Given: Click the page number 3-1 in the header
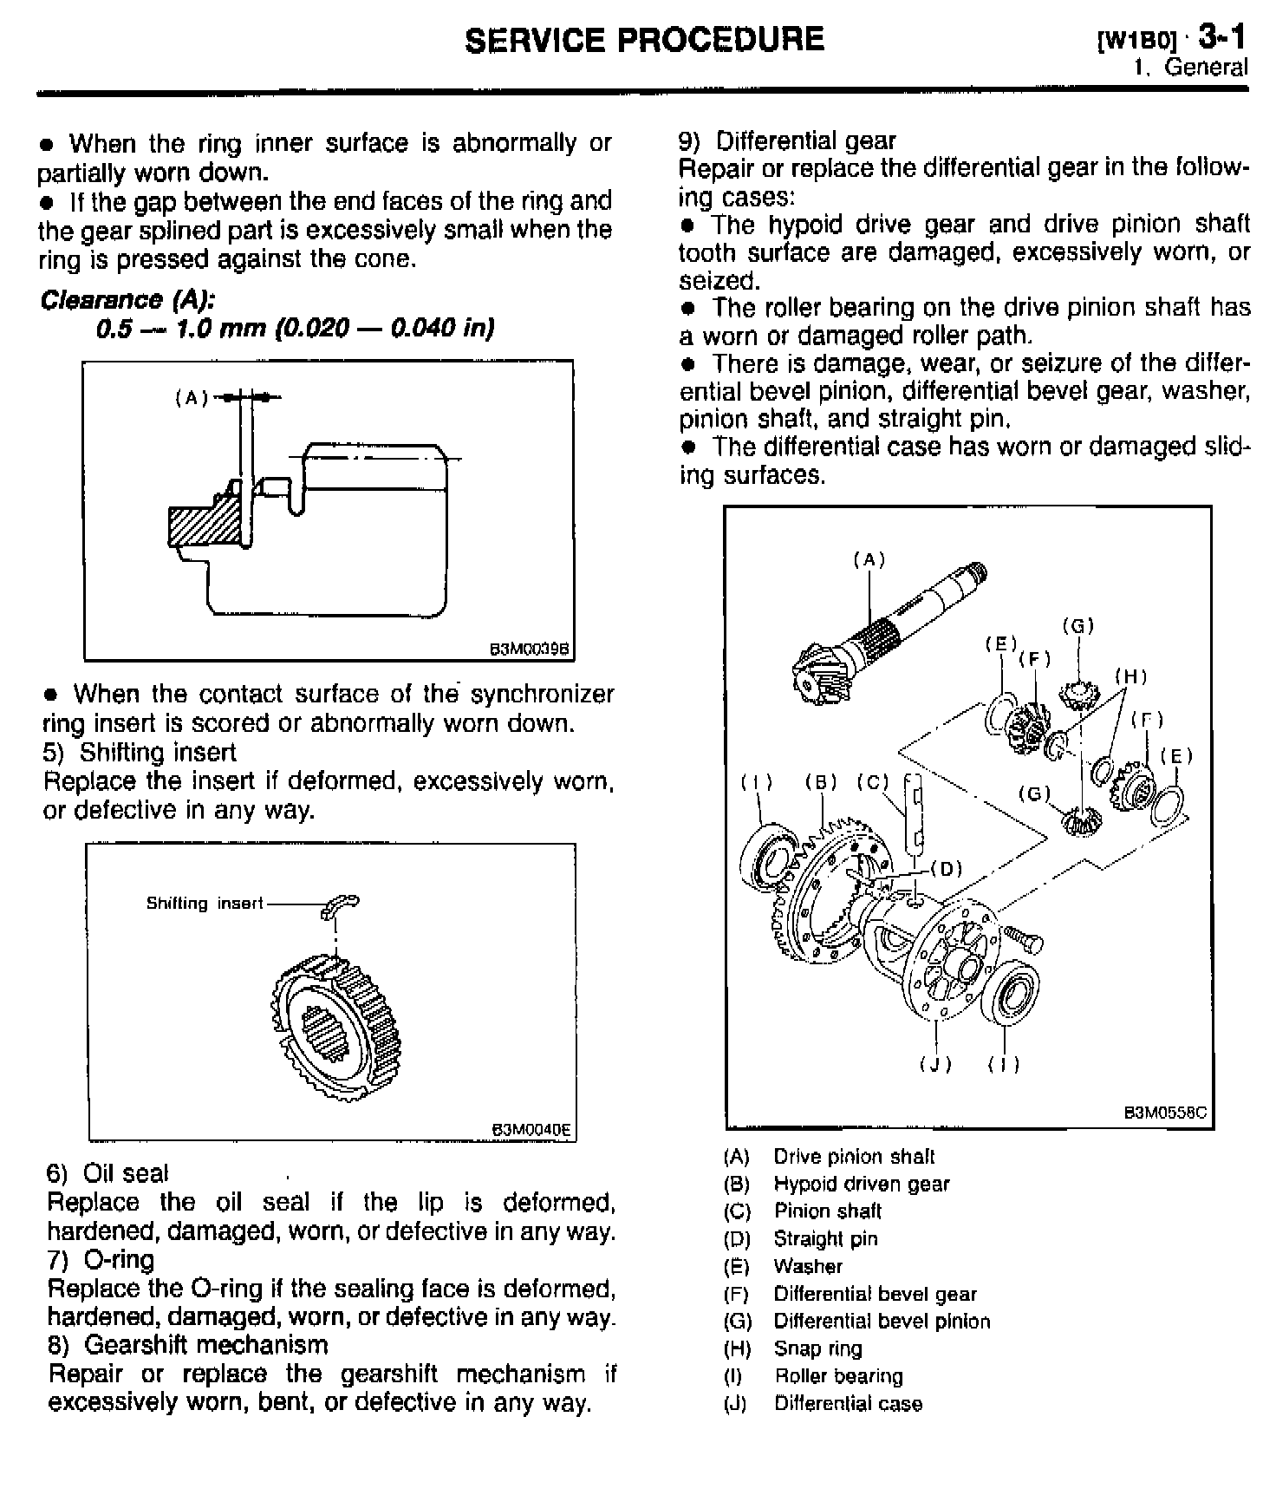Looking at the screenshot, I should click(1222, 37).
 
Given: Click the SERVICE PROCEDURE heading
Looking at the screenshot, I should click(644, 40).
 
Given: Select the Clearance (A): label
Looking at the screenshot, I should click(127, 300).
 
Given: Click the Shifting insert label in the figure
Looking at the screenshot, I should click(204, 904).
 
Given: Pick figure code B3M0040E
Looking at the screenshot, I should click(531, 1129).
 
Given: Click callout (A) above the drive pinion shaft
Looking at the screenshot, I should click(869, 560).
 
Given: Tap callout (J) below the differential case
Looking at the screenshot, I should click(936, 1064).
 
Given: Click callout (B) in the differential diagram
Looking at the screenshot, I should click(820, 782).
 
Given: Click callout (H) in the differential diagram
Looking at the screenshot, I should click(1130, 676).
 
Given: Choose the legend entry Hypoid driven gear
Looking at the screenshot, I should click(861, 1184).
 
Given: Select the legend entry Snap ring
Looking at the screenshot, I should click(817, 1348).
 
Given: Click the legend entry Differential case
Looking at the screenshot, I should click(847, 1403).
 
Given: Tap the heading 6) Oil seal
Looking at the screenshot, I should click(107, 1173).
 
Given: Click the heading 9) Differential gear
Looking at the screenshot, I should click(787, 140).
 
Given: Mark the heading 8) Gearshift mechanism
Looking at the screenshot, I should click(188, 1345).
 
